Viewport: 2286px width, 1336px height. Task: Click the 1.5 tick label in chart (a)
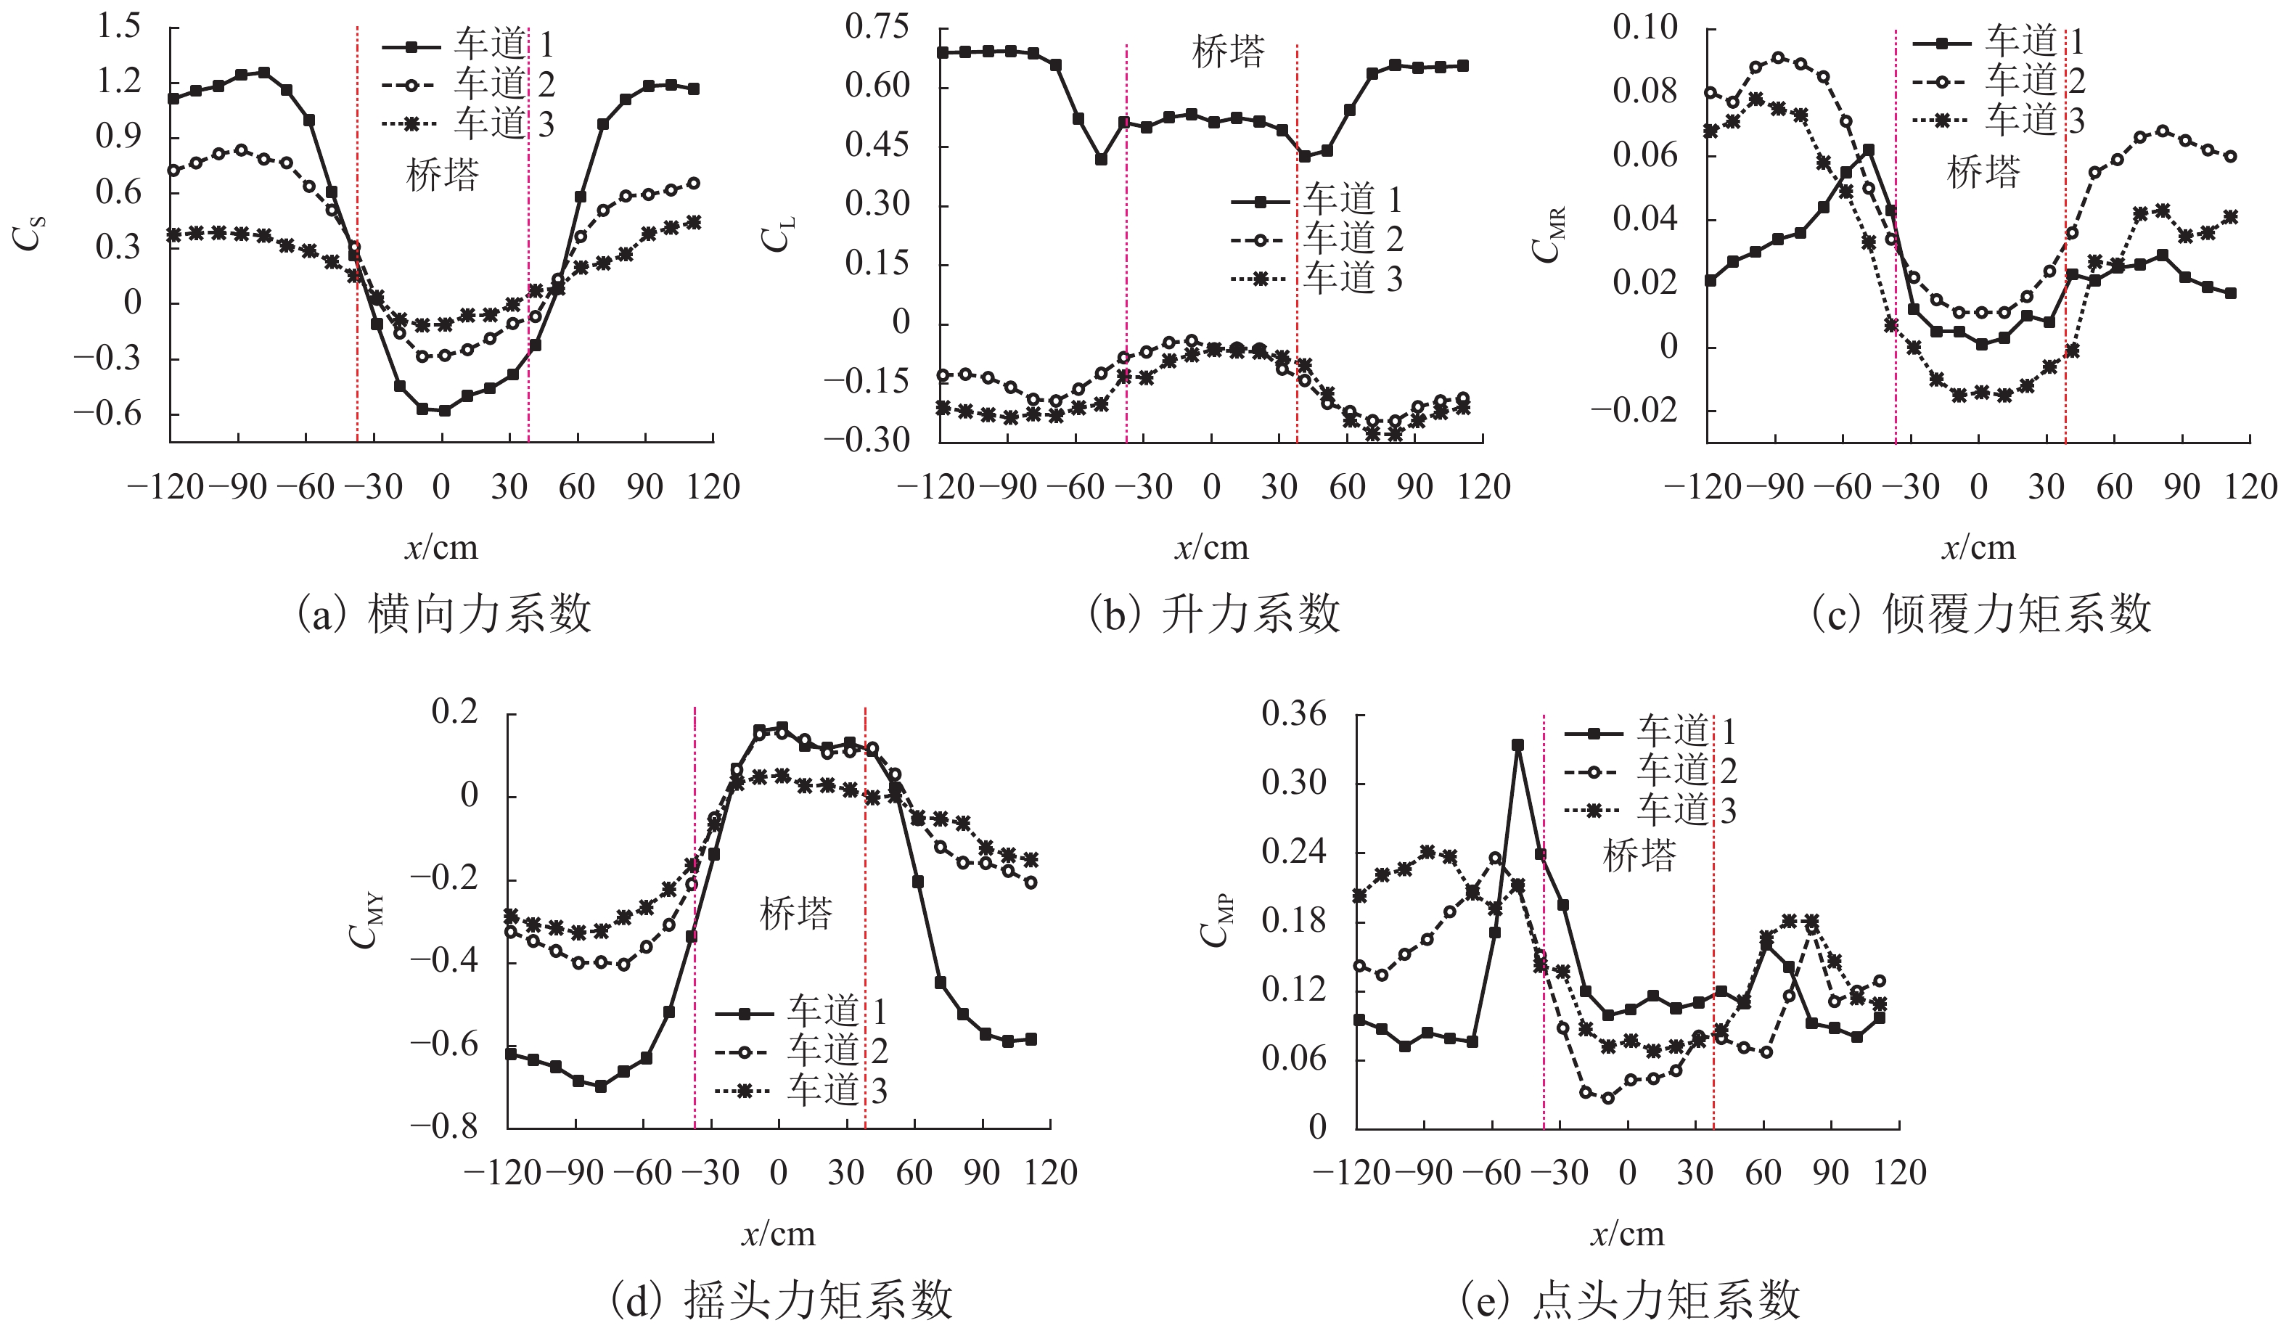click(119, 26)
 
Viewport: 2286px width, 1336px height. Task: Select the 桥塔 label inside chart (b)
click(1227, 52)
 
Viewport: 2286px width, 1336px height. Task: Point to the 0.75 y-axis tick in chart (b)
click(877, 26)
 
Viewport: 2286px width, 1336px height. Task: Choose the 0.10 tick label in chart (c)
click(1644, 27)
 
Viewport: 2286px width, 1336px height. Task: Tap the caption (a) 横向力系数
click(444, 614)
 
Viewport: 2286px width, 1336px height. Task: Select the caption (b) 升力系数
click(1213, 614)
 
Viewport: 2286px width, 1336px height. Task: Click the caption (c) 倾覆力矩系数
click(1981, 614)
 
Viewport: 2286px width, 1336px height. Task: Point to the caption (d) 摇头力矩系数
click(782, 1300)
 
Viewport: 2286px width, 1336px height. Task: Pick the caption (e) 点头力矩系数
click(1630, 1300)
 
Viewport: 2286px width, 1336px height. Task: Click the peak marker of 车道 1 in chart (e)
click(1517, 745)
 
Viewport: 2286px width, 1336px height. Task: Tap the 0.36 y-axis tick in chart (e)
click(1293, 714)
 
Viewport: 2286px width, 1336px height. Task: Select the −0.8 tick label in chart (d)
click(443, 1126)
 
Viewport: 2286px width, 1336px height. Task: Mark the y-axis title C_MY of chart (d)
click(367, 922)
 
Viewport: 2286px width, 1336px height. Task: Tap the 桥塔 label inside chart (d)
click(795, 914)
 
